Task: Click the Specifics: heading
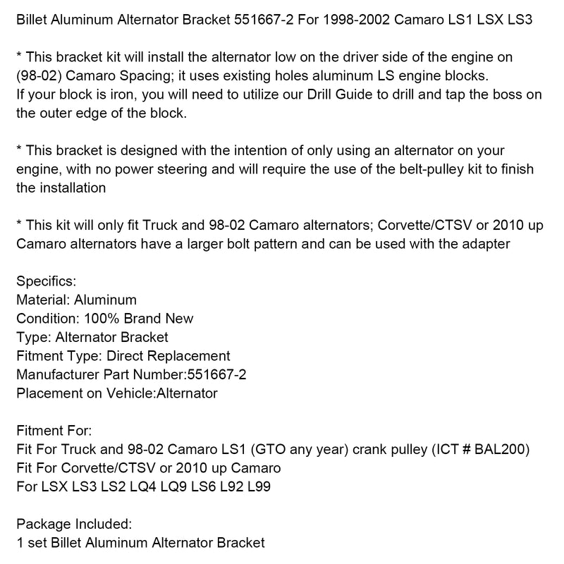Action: point(46,281)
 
